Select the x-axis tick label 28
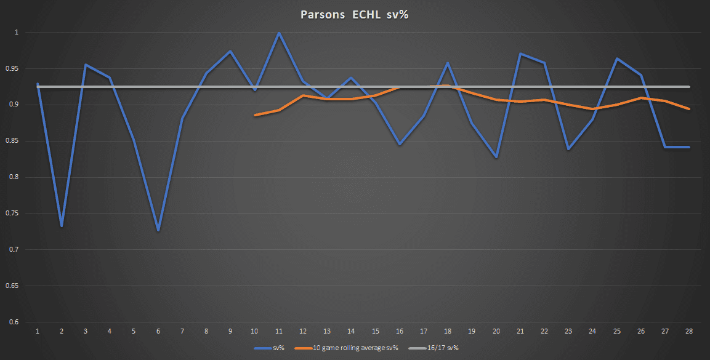(x=689, y=332)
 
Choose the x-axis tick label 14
(x=351, y=332)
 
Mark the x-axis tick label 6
(x=158, y=332)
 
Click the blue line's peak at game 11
(x=279, y=33)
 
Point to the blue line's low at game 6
(x=158, y=230)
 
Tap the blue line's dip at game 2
(x=62, y=226)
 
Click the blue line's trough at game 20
(x=496, y=158)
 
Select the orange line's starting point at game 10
(x=255, y=115)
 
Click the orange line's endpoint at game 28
(x=689, y=109)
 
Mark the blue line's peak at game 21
(x=520, y=54)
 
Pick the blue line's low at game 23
(x=568, y=150)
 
